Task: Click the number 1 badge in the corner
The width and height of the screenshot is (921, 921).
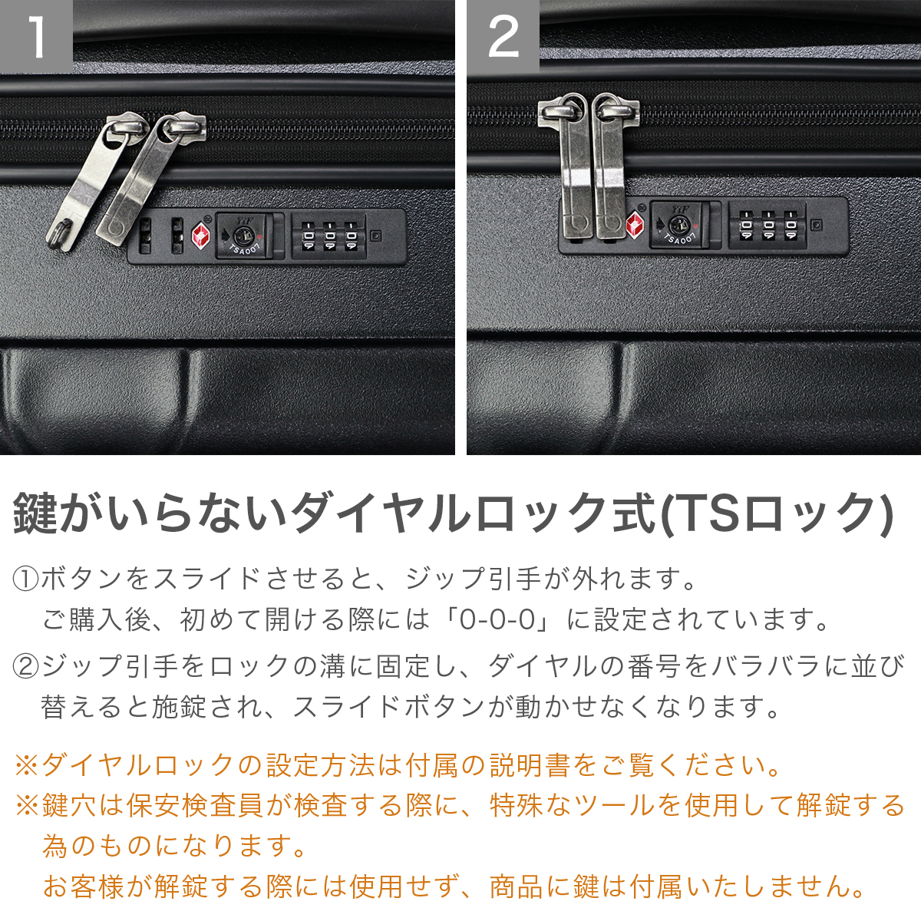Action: pos(36,36)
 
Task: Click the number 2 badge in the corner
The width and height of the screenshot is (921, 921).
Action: pos(503,36)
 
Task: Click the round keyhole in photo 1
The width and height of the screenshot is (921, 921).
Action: pos(240,235)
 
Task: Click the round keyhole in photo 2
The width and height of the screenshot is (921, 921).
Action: pos(678,223)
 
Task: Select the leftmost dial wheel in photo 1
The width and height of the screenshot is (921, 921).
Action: pos(309,236)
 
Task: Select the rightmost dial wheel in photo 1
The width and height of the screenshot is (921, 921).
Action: pos(352,236)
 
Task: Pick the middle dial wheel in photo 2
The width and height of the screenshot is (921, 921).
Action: pos(768,225)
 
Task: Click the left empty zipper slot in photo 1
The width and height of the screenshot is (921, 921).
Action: pos(145,236)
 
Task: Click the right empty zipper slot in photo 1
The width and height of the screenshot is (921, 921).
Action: pos(177,236)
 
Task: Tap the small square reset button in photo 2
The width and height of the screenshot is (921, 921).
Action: pos(817,225)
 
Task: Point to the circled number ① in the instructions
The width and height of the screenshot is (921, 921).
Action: pos(26,579)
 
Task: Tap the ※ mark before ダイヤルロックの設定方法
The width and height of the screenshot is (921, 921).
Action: pos(28,766)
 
